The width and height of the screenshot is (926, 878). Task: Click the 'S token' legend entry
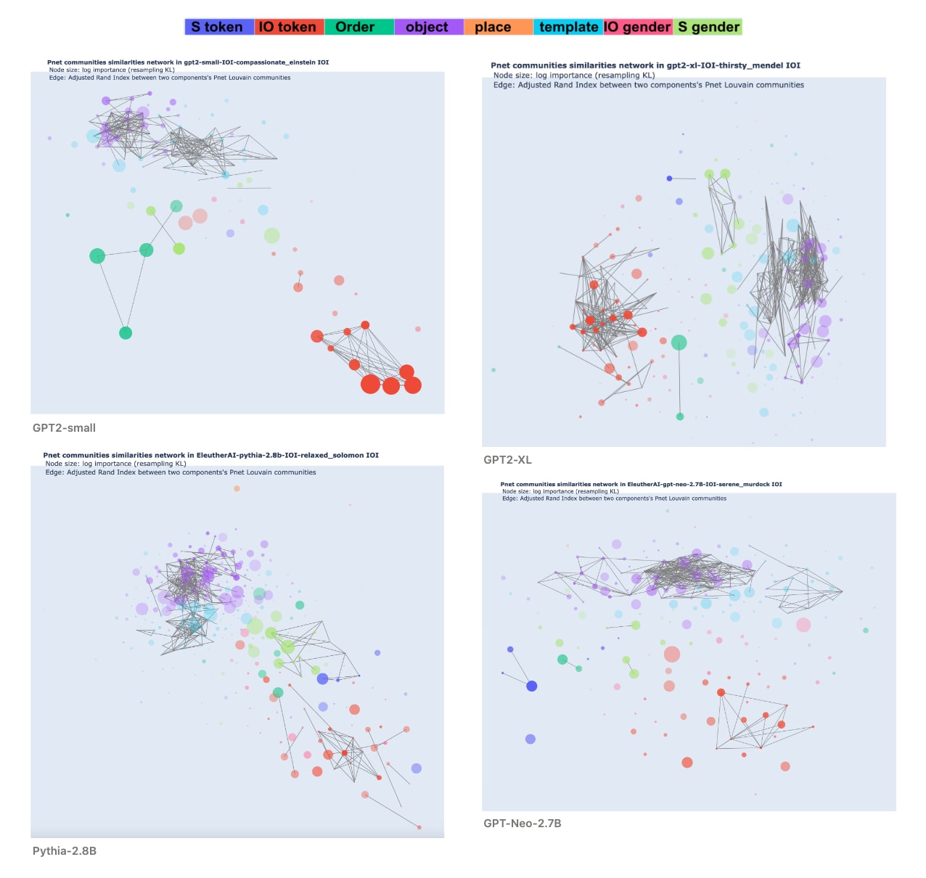218,28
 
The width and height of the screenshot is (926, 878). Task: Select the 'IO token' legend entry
288,28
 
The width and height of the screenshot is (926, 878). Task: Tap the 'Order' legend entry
356,28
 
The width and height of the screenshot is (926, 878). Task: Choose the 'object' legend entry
427,28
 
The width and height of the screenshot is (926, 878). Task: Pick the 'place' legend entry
493,28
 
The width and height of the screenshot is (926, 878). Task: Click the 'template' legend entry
568,28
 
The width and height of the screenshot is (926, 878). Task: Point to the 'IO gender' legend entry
637,28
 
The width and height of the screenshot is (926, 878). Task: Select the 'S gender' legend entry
708,28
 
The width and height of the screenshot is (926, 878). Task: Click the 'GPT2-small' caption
64,428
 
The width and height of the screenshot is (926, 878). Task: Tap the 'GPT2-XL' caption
507,460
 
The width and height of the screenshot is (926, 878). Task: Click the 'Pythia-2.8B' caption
65,851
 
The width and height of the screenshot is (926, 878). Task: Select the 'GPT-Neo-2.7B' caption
523,824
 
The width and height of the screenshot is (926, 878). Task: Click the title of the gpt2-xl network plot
645,65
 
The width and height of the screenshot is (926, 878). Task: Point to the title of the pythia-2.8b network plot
210,456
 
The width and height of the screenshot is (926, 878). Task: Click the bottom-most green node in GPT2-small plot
126,333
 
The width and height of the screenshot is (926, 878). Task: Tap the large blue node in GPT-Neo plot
532,686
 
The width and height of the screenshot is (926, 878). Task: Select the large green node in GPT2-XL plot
679,342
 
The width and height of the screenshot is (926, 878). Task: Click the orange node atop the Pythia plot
237,489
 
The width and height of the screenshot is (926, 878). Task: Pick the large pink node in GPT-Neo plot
803,625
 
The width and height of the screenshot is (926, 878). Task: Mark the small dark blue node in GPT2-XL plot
670,178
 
